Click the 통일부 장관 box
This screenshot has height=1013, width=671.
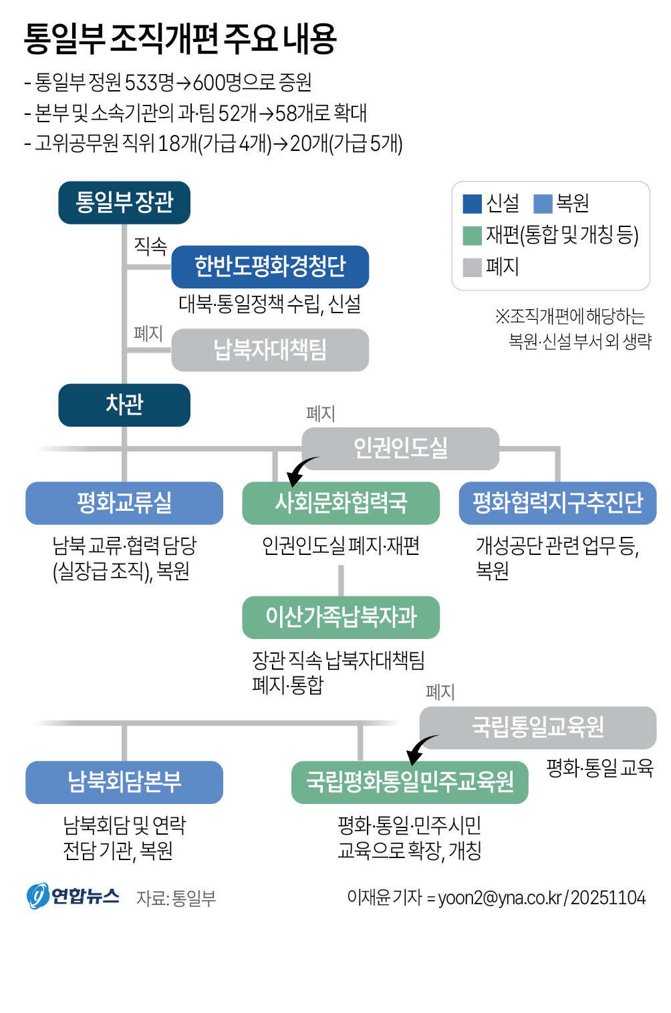[124, 202]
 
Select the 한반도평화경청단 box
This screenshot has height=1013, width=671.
[270, 266]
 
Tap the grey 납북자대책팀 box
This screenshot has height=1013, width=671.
[270, 350]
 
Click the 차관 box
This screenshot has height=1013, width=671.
[124, 405]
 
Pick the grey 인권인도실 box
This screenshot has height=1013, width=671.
[400, 448]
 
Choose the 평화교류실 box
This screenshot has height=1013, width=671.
[124, 503]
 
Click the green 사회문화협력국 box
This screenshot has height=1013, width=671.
[341, 503]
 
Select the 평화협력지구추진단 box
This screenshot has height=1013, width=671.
[557, 503]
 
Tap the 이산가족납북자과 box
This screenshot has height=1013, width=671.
[341, 617]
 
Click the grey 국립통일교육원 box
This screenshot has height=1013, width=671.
[538, 727]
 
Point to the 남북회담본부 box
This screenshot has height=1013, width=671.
[124, 782]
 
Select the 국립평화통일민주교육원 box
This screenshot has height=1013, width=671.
[410, 782]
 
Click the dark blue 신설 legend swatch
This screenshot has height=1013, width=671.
[472, 204]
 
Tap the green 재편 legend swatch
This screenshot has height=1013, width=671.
[472, 236]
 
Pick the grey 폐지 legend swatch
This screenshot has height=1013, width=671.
[472, 268]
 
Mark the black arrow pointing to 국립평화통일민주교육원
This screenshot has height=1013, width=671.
[420, 748]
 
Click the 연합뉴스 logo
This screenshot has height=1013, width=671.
[73, 896]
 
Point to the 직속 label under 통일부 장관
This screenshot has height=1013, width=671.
[150, 246]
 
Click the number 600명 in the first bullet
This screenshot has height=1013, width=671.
[217, 83]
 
